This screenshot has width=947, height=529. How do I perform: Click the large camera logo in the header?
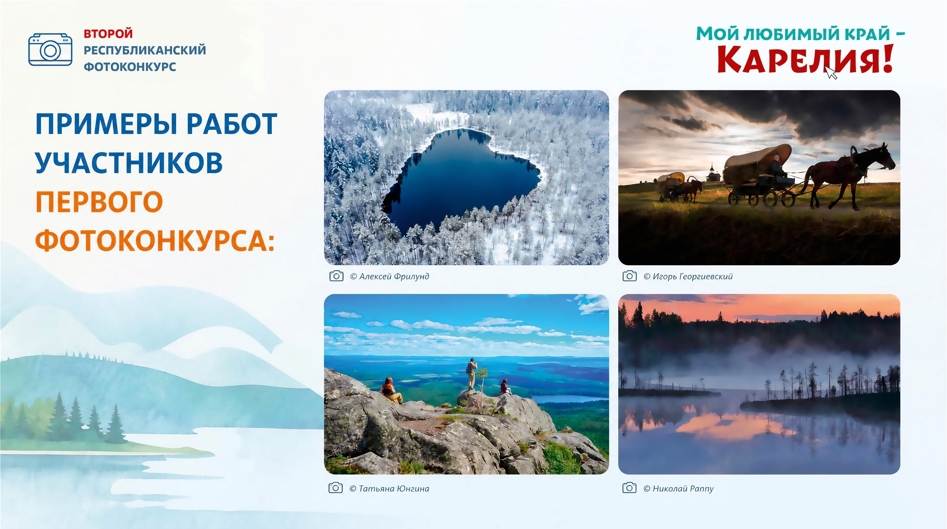pos(50,50)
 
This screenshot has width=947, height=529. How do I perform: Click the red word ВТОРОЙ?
pos(108,34)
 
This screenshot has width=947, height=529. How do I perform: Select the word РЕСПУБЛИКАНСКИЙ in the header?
pos(145,50)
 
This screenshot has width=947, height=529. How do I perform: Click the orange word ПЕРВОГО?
pos(99,202)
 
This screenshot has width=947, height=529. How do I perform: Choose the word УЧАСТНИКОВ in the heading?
pos(129,162)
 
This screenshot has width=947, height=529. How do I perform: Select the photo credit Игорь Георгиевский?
pos(688,276)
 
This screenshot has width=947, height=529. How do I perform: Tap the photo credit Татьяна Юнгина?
pos(389,489)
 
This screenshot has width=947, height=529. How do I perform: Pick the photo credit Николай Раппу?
pos(678,489)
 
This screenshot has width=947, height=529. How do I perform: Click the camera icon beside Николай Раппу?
pos(629,488)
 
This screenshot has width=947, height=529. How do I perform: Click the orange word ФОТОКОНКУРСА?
pos(155,240)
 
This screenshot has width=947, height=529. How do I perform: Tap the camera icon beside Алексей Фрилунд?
pos(336,276)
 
